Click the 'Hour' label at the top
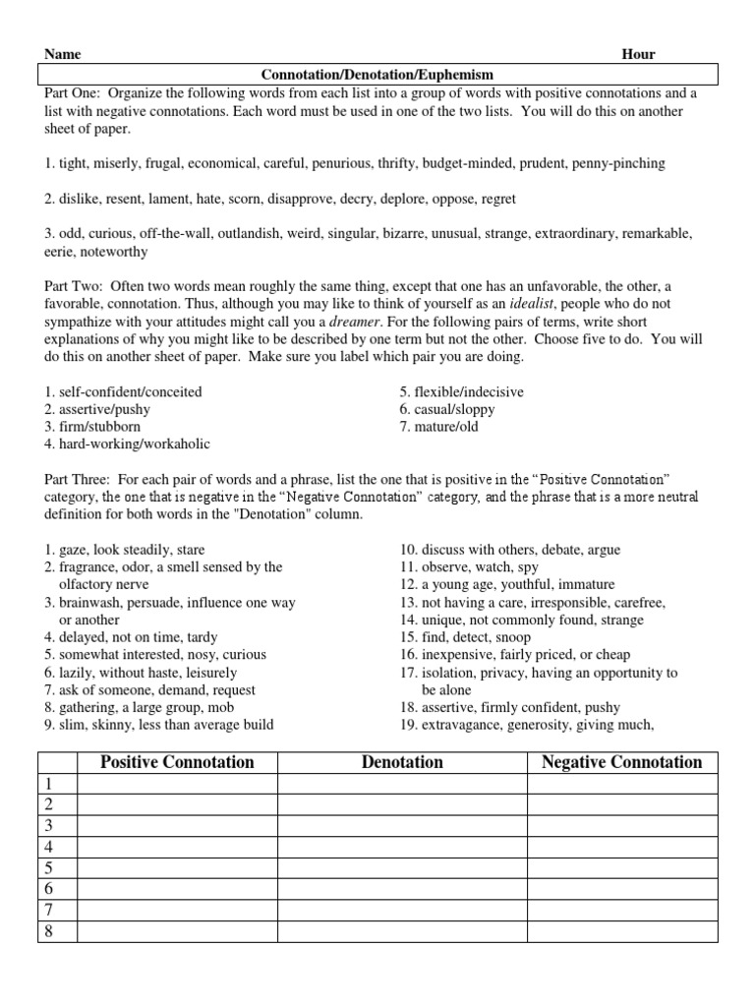pos(639,55)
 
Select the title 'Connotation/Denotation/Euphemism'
pos(377,75)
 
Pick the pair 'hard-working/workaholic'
pos(127,444)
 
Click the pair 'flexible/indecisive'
pos(460,391)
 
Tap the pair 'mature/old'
pos(438,427)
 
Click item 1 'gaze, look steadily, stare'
pos(124,550)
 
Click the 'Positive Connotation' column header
pos(177,762)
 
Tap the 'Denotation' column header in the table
pos(401,762)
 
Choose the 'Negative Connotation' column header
pos(621,762)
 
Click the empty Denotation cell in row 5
pos(401,867)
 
